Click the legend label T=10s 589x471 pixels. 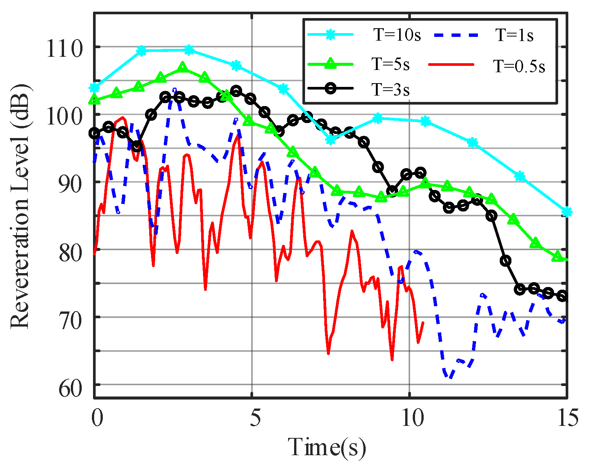pos(397,35)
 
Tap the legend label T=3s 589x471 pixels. pos(391,90)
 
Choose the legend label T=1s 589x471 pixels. pos(514,35)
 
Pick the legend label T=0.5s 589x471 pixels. pos(519,66)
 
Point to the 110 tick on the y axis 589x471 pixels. pos(64,49)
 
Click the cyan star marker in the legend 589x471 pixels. pos(330,35)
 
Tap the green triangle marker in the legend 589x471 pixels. pos(330,64)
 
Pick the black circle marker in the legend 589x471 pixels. pos(330,89)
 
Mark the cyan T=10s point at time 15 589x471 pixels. pos(567,213)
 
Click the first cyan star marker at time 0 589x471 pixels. pos(94,88)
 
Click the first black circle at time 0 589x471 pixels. pos(94,133)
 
